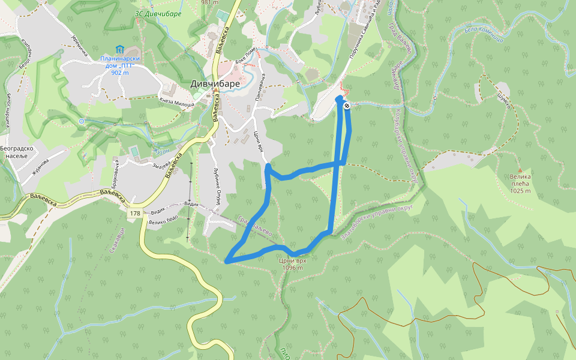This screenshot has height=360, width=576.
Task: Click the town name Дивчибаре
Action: click(215, 84)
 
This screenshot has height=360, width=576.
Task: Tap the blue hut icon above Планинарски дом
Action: click(119, 49)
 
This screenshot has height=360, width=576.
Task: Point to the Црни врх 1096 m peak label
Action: click(293, 264)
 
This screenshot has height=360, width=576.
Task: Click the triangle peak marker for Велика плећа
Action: click(520, 171)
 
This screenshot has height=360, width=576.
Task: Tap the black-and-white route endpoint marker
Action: click(347, 106)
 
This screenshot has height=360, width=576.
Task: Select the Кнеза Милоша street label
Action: click(176, 103)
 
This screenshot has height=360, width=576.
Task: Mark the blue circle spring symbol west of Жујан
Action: click(81, 121)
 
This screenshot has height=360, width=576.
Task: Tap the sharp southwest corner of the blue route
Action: click(227, 261)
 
